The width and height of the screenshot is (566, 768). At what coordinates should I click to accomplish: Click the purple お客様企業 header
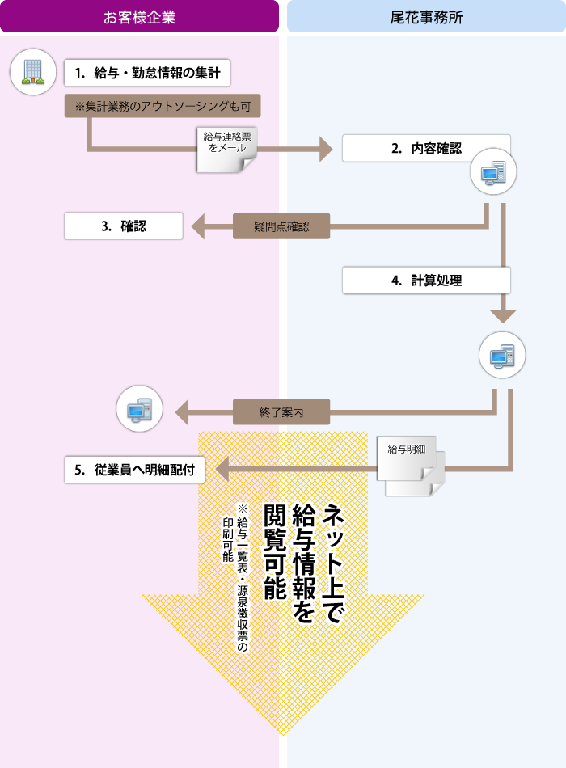tap(139, 16)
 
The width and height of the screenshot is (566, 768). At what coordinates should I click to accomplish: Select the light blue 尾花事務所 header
tap(426, 16)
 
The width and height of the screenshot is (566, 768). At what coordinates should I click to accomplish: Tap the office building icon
tap(33, 72)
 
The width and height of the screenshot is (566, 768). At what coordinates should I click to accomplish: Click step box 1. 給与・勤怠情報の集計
tap(147, 73)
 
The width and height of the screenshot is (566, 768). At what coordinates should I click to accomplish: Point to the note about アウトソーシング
tap(163, 106)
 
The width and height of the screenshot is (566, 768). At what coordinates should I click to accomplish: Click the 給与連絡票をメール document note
tap(227, 150)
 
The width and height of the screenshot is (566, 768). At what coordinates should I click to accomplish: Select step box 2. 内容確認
tap(426, 149)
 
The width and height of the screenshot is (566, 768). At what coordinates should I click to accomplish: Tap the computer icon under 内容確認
tap(493, 171)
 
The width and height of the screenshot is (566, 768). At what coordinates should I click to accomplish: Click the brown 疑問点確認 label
tap(281, 226)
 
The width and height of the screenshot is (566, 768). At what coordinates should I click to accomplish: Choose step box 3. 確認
tap(124, 226)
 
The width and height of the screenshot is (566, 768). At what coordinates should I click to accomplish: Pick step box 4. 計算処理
tap(426, 281)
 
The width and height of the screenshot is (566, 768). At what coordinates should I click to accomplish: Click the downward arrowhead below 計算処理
tap(503, 316)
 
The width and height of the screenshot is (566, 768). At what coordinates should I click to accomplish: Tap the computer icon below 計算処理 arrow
tap(502, 355)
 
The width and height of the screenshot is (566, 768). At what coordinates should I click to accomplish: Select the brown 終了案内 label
tap(281, 412)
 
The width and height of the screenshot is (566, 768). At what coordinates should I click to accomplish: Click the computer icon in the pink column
tap(139, 409)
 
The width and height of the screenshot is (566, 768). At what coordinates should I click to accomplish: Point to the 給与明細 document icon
tap(411, 466)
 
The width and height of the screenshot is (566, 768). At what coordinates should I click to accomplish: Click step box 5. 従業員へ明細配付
tap(134, 470)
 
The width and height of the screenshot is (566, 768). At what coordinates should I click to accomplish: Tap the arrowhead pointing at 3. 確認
tap(198, 226)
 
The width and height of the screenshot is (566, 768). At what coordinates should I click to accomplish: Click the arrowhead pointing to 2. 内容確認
tap(326, 149)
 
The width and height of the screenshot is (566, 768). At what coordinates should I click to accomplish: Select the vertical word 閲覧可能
tap(275, 552)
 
